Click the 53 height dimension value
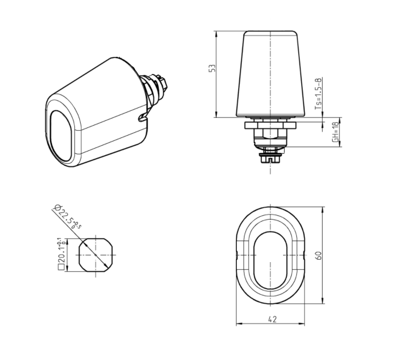click(213, 68)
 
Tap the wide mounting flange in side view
click(271, 125)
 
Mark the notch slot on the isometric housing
click(142, 116)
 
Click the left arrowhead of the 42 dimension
click(239, 324)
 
